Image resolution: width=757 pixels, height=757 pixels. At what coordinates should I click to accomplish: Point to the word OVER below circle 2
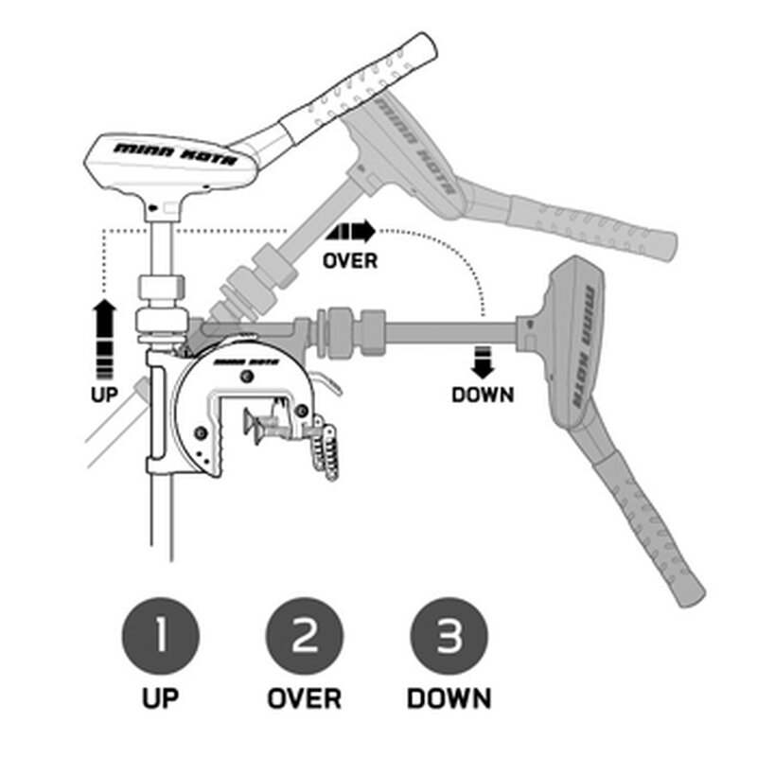coord(304,699)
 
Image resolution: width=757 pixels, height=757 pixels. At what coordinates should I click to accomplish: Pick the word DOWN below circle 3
coord(449,699)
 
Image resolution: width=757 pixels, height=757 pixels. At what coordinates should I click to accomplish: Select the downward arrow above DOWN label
coord(483,362)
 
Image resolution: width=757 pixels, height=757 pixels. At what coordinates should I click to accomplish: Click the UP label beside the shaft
coord(105,394)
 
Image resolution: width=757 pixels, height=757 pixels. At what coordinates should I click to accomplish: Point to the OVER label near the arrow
coord(349,258)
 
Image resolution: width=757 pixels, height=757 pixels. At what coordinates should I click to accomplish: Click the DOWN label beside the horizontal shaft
coord(483,394)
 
